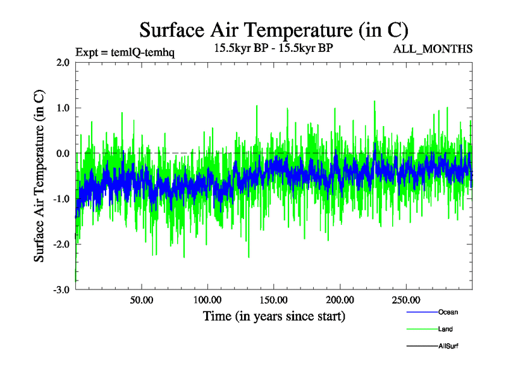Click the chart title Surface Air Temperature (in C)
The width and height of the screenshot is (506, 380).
click(274, 30)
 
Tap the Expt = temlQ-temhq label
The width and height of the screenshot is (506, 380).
click(125, 52)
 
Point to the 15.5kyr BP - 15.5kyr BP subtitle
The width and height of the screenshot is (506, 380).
click(274, 47)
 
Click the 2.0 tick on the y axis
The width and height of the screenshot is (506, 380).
click(63, 63)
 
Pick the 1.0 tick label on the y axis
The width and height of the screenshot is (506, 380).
click(63, 108)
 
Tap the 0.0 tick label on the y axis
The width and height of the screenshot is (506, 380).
click(63, 153)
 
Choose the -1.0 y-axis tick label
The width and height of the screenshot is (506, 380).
click(61, 199)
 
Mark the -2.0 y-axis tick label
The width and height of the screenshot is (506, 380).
click(61, 244)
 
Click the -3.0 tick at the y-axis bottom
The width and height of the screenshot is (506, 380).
click(61, 289)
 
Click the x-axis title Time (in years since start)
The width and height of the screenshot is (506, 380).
click(274, 315)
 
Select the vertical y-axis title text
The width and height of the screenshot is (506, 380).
click(39, 176)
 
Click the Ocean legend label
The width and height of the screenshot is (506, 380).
click(448, 312)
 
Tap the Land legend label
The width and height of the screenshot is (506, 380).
click(445, 329)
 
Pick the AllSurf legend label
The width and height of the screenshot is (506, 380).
click(448, 346)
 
